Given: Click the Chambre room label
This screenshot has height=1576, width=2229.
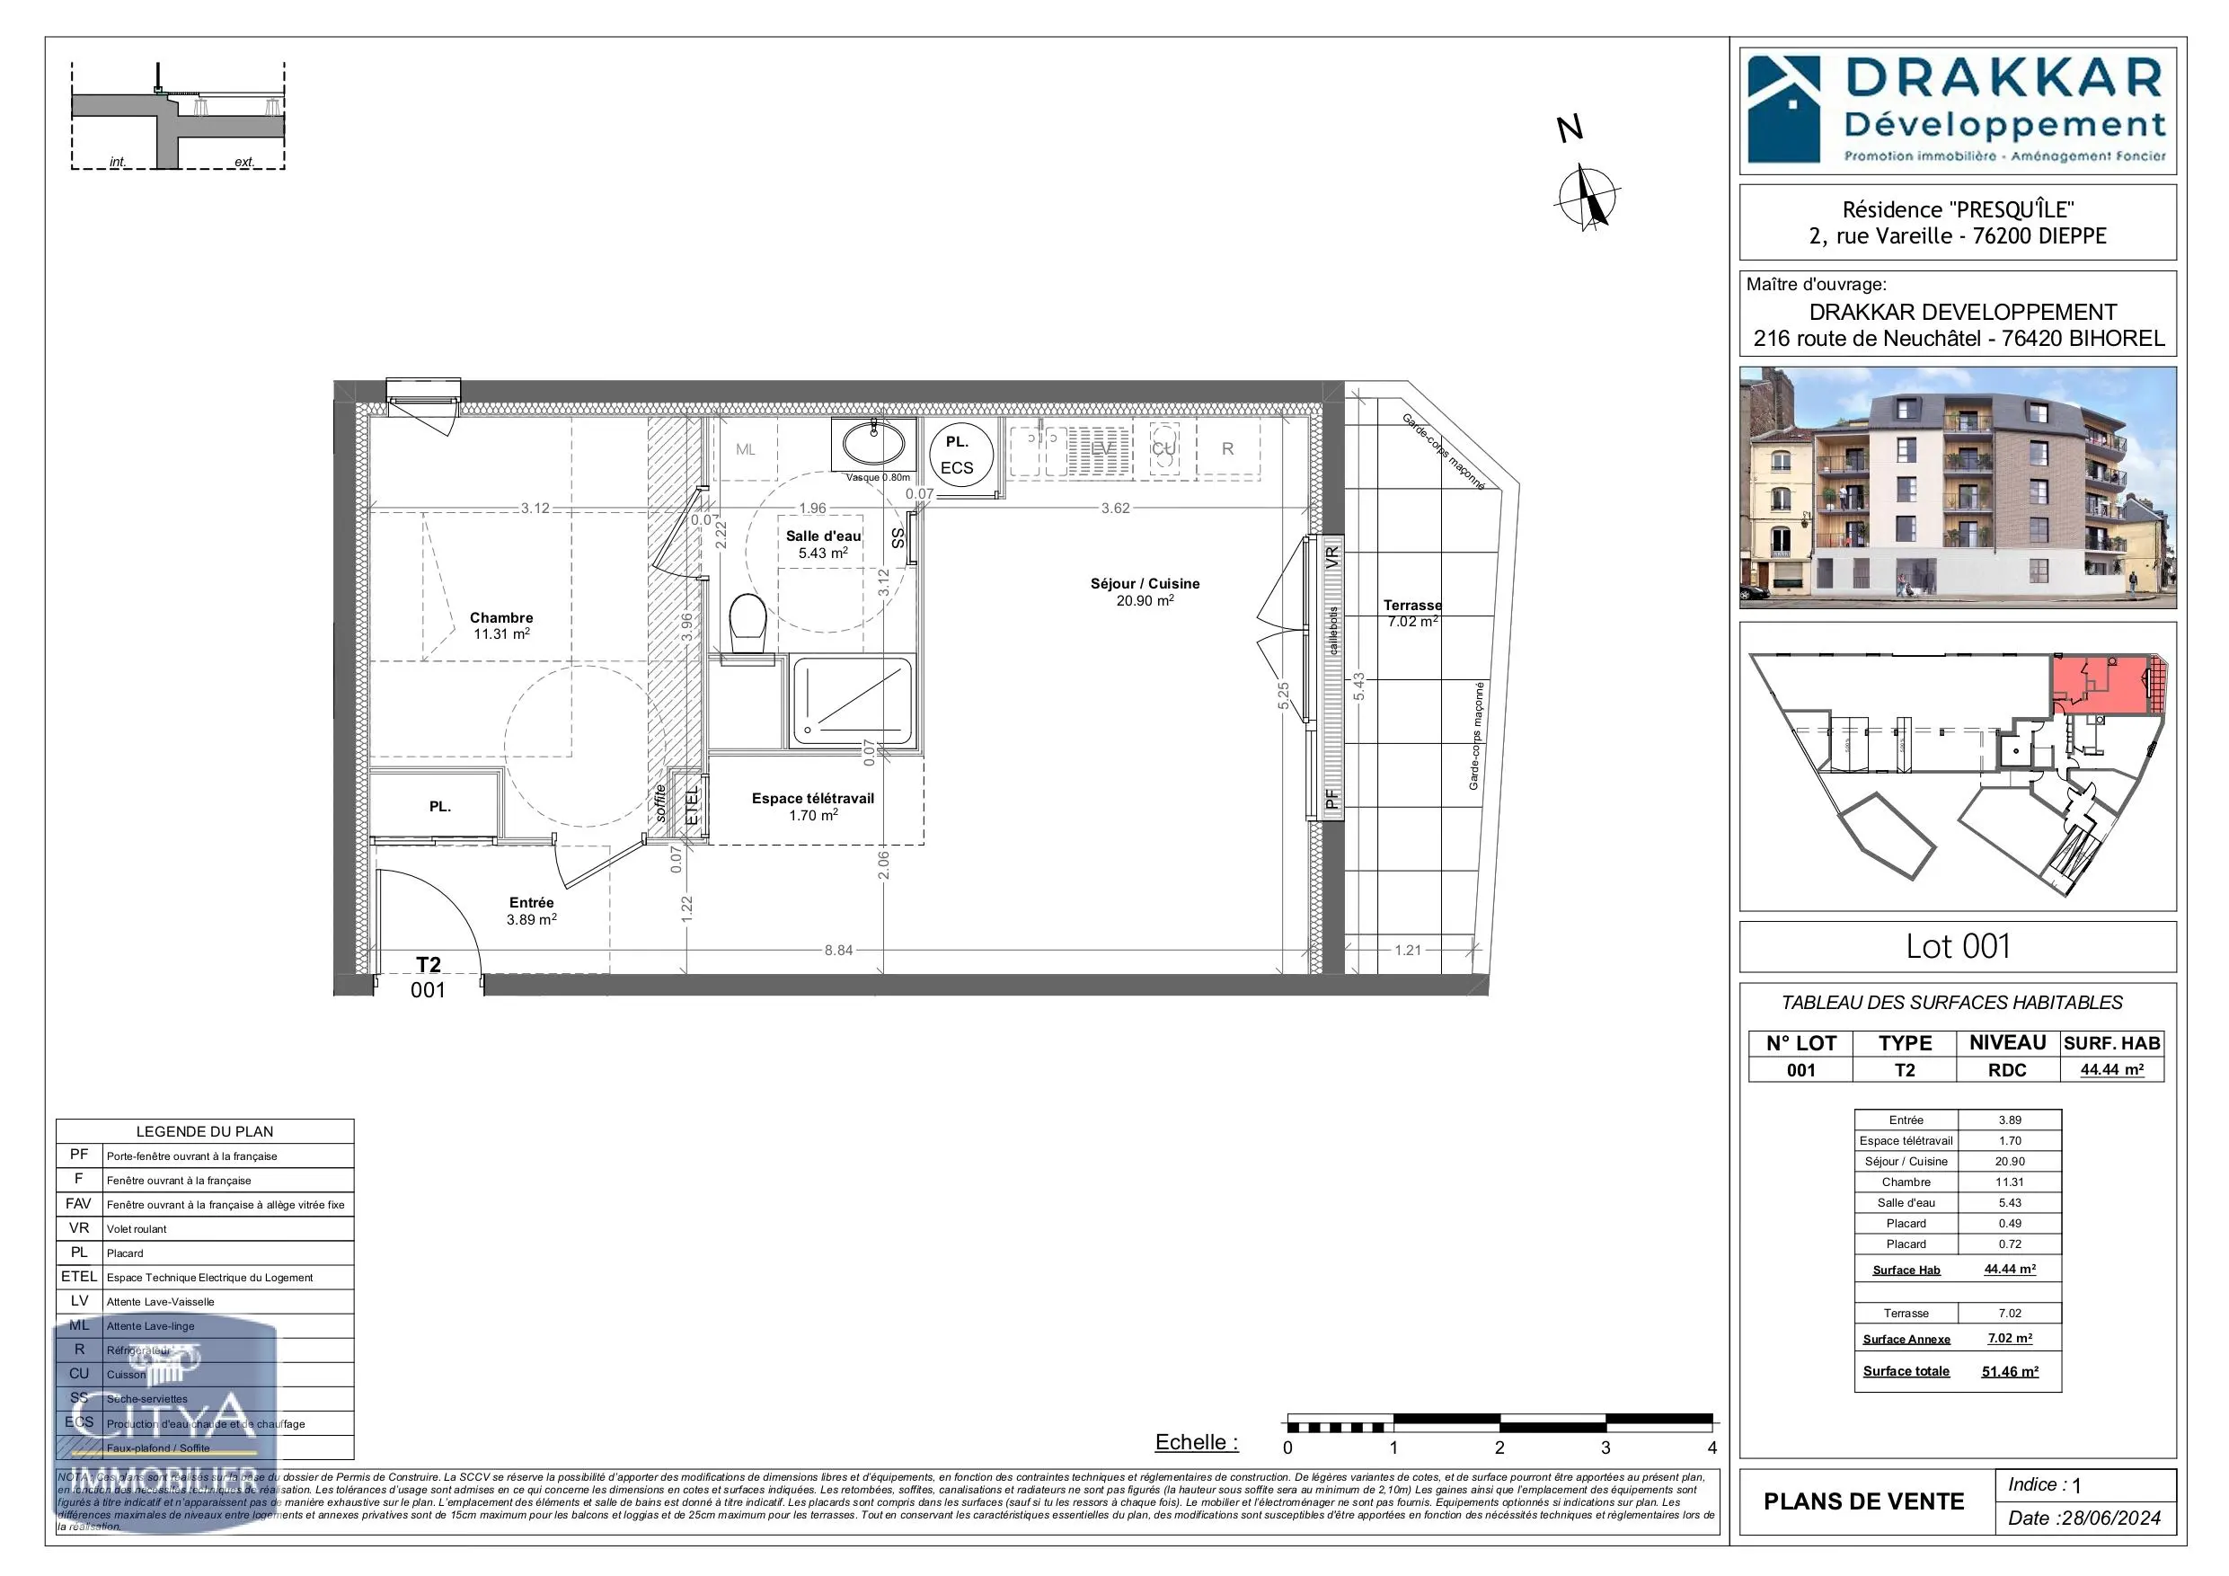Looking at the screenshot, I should click(501, 617).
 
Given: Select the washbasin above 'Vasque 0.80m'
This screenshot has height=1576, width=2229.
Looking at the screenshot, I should click(872, 445).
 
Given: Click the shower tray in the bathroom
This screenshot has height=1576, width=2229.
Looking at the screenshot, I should click(852, 702).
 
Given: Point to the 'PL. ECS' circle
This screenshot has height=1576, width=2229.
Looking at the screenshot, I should click(957, 455).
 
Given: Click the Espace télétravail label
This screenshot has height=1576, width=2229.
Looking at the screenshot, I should click(812, 799).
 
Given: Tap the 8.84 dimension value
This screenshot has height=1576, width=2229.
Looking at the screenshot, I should click(838, 951).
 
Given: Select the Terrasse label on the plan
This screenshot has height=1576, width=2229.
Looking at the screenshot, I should click(1411, 606).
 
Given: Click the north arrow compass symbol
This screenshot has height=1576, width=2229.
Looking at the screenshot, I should click(1588, 198).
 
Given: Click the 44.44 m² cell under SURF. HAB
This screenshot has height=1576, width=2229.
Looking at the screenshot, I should click(2111, 1070).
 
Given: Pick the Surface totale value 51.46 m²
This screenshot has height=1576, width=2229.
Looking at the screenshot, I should click(2010, 1372).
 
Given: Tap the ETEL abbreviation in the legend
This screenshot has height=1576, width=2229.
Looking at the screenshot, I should click(79, 1277).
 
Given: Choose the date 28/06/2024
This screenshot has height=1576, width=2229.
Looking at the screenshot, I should click(2110, 1518).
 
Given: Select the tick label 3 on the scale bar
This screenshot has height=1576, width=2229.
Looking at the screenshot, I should click(1605, 1448).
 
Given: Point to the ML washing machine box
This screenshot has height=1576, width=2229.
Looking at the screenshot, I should click(746, 449).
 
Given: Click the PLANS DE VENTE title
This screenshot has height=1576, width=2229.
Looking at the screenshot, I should click(1863, 1502).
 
